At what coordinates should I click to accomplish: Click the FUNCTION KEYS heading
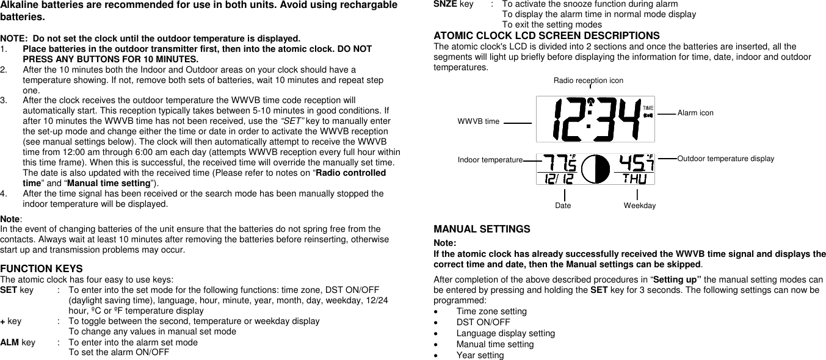click(x=42, y=268)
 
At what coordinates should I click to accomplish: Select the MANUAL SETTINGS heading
click(x=482, y=229)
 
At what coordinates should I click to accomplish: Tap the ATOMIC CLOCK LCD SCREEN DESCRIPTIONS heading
click(x=546, y=35)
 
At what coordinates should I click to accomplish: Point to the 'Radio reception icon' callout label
click(x=588, y=80)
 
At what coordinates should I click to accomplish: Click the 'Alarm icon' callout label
click(x=695, y=113)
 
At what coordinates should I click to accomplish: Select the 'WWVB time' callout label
click(x=478, y=121)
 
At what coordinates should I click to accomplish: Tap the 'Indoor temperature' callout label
click(x=490, y=159)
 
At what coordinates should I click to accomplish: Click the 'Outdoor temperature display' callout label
click(x=725, y=159)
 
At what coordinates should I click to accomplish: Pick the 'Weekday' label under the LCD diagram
click(x=639, y=206)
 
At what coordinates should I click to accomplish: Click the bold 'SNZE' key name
click(x=443, y=4)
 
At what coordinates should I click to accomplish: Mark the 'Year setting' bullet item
click(x=480, y=355)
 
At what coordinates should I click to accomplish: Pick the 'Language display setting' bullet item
click(x=505, y=333)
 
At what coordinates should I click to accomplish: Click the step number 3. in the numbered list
click(x=4, y=100)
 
